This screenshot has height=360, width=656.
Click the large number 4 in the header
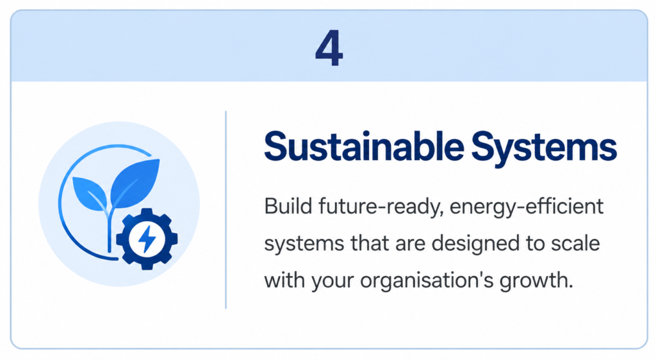(329, 48)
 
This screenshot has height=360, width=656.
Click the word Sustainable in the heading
(364, 147)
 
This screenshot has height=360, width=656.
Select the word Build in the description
(288, 206)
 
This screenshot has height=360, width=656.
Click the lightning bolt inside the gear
(147, 239)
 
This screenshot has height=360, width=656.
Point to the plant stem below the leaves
(110, 230)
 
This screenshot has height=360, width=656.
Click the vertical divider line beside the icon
(226, 210)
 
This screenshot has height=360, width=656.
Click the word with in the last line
(285, 280)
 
